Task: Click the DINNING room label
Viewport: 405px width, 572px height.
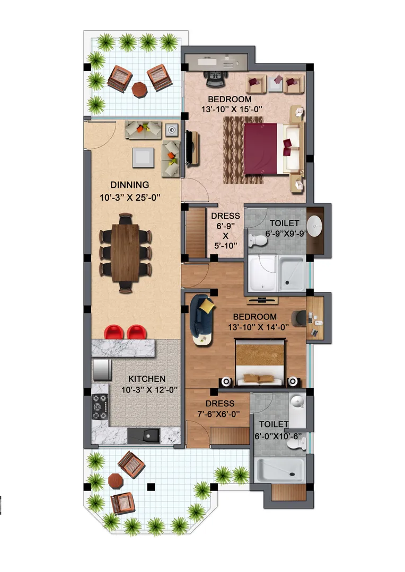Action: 129,185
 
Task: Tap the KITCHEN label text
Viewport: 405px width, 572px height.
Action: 147,379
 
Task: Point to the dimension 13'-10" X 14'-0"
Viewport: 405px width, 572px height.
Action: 258,327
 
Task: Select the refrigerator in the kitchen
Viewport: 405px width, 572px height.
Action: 101,370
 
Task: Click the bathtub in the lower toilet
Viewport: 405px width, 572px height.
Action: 279,470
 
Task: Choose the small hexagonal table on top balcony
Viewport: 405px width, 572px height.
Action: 139,89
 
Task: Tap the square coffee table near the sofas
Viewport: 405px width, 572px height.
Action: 143,157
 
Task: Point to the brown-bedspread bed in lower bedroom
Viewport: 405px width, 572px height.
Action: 260,362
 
